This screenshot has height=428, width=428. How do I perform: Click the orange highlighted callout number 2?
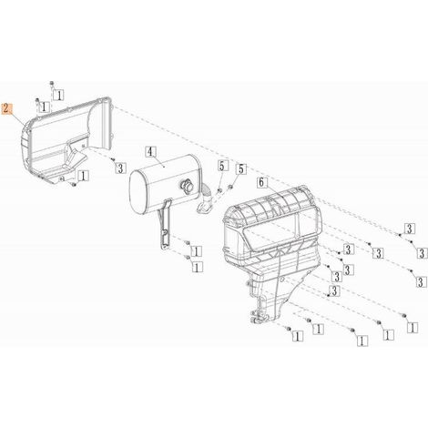[7, 109]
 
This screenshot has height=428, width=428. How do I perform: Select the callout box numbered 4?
[151, 152]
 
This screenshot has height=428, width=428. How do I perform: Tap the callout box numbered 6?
[262, 183]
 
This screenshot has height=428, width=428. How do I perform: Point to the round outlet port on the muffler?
[186, 185]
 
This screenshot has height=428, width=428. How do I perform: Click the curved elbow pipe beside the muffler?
[204, 199]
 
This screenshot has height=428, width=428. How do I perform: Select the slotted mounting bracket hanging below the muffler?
[165, 225]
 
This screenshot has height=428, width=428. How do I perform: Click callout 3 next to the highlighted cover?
[120, 168]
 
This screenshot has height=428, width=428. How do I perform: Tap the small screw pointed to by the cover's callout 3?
[113, 159]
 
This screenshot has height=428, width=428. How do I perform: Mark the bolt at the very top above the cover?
[52, 83]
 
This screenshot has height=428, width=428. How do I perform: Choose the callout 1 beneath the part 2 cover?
[84, 176]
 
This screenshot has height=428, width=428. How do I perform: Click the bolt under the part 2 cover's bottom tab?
[74, 184]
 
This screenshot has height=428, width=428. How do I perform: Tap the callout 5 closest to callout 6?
[241, 169]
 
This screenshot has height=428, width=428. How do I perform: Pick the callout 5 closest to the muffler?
[222, 167]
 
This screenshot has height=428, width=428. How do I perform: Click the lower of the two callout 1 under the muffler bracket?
[197, 268]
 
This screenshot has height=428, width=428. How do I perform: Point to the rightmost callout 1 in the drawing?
[413, 328]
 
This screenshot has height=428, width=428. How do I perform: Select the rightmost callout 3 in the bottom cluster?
[420, 282]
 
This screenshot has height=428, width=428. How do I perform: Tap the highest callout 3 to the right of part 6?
[410, 229]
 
